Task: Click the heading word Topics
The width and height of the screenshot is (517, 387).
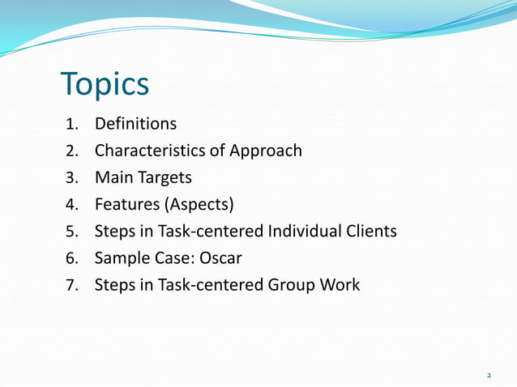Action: pyautogui.click(x=105, y=85)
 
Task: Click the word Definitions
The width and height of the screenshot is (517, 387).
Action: pyautogui.click(x=135, y=124)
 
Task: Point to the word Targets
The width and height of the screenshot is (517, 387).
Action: pyautogui.click(x=165, y=177)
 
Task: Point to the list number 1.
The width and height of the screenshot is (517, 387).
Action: pyautogui.click(x=70, y=125)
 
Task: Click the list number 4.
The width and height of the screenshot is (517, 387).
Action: pyautogui.click(x=70, y=205)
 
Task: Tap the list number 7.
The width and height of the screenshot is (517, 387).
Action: pyautogui.click(x=70, y=285)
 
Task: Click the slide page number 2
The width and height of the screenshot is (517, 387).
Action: pyautogui.click(x=489, y=375)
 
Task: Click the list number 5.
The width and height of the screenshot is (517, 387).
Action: pyautogui.click(x=70, y=232)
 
